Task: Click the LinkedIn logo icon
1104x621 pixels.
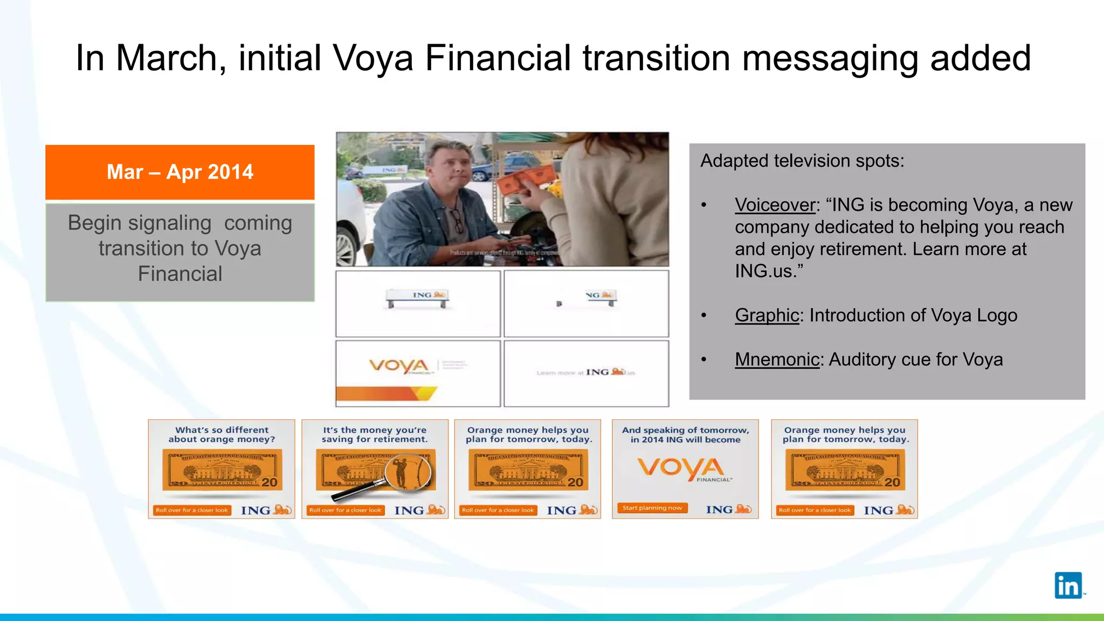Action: (1068, 585)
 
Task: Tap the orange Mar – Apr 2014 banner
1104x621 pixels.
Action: (180, 172)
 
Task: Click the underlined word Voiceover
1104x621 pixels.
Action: (775, 205)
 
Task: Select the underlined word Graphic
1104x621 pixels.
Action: (767, 315)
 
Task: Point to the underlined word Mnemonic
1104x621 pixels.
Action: (777, 360)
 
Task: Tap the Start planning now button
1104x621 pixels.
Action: (652, 508)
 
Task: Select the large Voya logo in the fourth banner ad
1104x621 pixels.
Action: (681, 468)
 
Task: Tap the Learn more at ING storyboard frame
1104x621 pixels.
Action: (586, 372)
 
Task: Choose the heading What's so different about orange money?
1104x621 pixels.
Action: (222, 434)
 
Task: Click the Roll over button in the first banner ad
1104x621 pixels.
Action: (192, 510)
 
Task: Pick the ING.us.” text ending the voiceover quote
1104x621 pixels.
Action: (769, 271)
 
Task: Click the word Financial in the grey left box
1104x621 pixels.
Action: (180, 274)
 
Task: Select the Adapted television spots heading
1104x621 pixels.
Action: (802, 161)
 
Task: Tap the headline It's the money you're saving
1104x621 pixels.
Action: (375, 434)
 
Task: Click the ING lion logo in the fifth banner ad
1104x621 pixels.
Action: (889, 510)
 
